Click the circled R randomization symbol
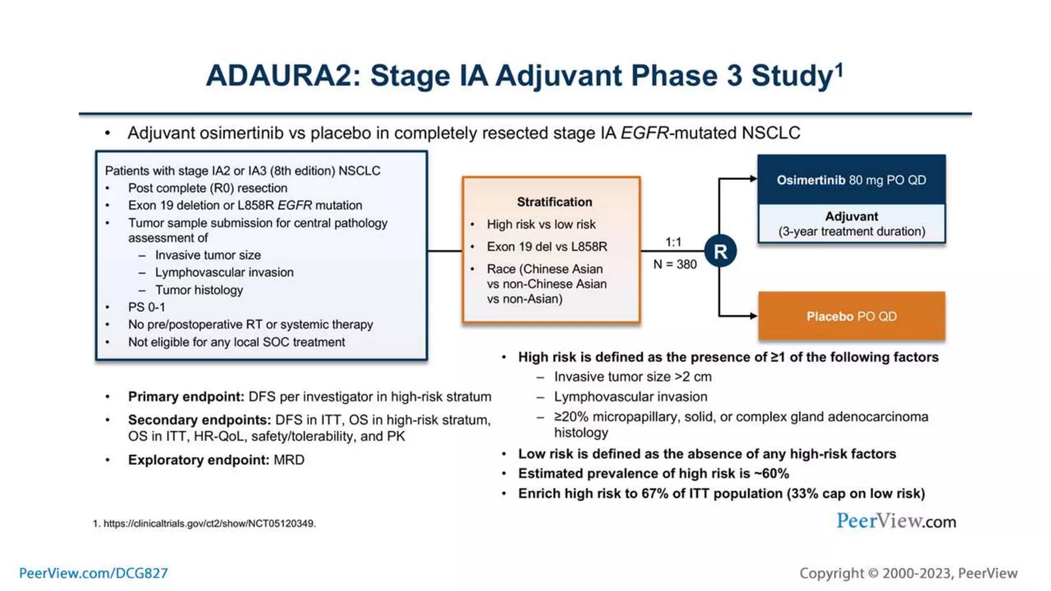point(720,251)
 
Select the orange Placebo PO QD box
point(851,316)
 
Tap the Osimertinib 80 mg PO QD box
point(851,180)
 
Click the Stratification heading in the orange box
point(554,202)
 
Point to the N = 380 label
point(675,265)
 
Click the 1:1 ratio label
point(673,242)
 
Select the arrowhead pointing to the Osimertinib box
point(753,179)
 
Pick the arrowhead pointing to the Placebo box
point(753,316)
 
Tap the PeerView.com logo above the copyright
point(896,521)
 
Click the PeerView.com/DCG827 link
point(93,573)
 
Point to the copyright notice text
point(908,573)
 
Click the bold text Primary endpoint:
point(186,397)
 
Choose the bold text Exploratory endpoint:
point(198,460)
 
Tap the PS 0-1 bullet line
point(147,307)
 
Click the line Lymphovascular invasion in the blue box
point(224,272)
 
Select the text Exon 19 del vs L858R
point(547,247)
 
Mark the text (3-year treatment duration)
point(852,231)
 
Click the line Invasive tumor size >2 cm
point(633,377)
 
